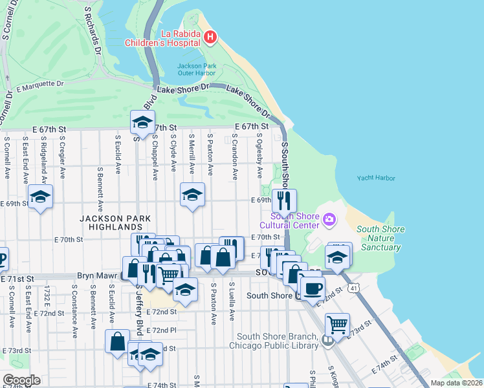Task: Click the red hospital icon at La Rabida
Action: (x=210, y=38)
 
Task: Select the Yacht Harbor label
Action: (x=375, y=178)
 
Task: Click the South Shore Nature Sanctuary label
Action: (x=380, y=238)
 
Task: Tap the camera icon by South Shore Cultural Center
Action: (x=329, y=221)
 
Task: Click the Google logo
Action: (x=21, y=380)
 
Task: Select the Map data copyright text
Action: (x=456, y=383)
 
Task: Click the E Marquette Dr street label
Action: (x=40, y=84)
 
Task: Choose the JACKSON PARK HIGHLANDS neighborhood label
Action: (x=111, y=222)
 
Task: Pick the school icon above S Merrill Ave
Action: (x=192, y=194)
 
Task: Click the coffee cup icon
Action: (x=312, y=288)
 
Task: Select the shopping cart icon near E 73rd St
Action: (x=336, y=323)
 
